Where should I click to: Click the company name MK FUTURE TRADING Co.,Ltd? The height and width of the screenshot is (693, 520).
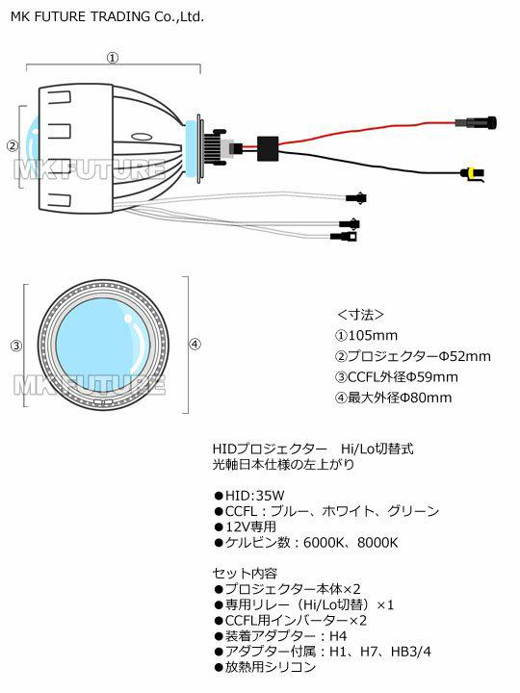tap(107, 16)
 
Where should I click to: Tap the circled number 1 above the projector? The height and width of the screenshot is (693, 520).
tap(114, 58)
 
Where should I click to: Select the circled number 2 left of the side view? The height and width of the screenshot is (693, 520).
tap(13, 145)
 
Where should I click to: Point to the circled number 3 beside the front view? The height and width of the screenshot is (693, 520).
tap(16, 346)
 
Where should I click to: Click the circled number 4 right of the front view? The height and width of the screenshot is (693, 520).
tap(195, 344)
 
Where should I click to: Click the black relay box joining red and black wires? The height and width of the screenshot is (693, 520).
tap(268, 148)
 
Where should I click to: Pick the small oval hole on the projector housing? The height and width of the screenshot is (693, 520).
tap(142, 137)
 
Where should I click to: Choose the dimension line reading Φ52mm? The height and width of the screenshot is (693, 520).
tap(413, 356)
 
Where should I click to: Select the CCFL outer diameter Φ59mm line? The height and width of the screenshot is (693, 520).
tap(396, 377)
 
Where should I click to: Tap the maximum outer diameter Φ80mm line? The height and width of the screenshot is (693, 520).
tap(394, 398)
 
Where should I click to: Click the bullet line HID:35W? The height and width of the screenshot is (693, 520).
tap(249, 496)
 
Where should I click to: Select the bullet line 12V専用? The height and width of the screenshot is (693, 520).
tap(246, 526)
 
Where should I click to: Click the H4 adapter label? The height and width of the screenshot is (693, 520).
tap(338, 636)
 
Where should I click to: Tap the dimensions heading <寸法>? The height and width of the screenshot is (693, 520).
tap(360, 315)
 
